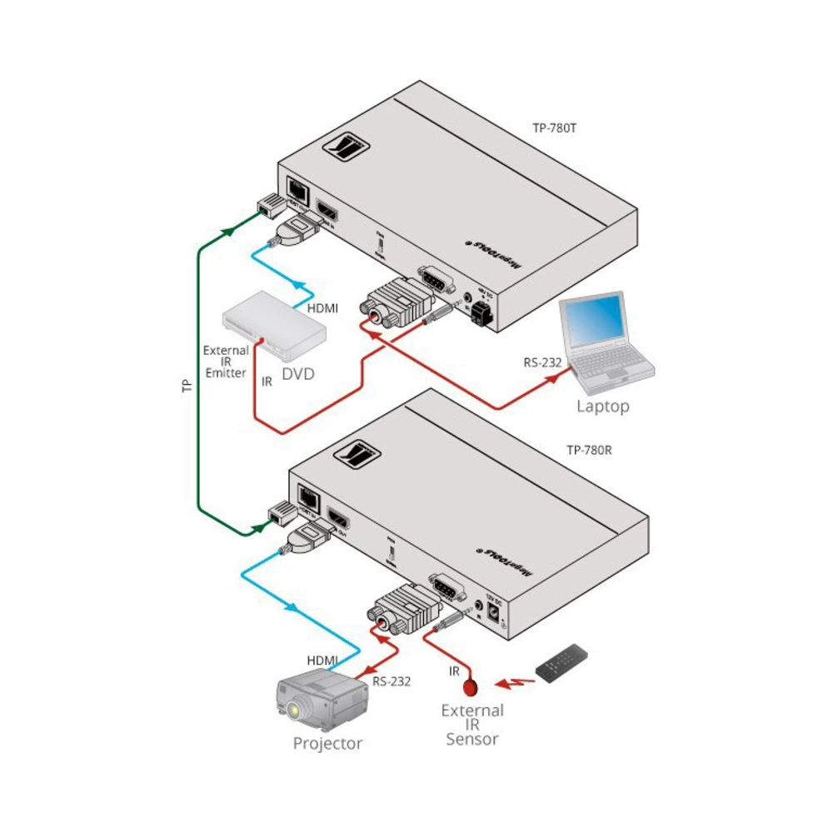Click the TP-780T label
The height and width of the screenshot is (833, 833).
point(556,129)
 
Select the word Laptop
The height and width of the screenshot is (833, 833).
point(603,407)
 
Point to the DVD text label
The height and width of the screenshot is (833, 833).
point(298,374)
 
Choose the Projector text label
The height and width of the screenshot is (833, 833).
point(327,743)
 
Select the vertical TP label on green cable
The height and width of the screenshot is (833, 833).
point(187,385)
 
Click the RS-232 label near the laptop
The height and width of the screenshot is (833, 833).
point(543,362)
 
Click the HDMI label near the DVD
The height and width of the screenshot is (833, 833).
point(322,308)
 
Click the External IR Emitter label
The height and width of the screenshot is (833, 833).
point(226,362)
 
